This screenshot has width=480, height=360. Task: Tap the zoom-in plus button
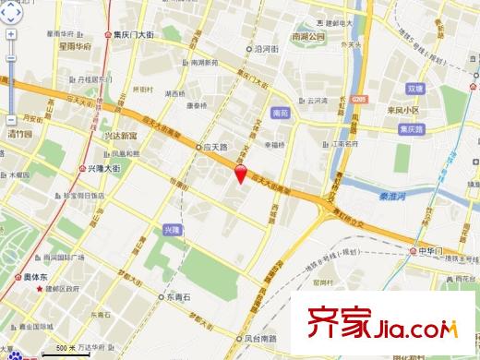pyautogui.click(x=9, y=36)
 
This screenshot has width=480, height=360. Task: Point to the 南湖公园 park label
pyautogui.click(x=308, y=36)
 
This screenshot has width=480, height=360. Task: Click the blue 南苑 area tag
pyautogui.click(x=282, y=114)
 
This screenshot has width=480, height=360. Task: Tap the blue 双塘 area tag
pyautogui.click(x=414, y=90)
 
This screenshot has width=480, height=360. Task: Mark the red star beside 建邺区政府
pyautogui.click(x=40, y=290)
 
